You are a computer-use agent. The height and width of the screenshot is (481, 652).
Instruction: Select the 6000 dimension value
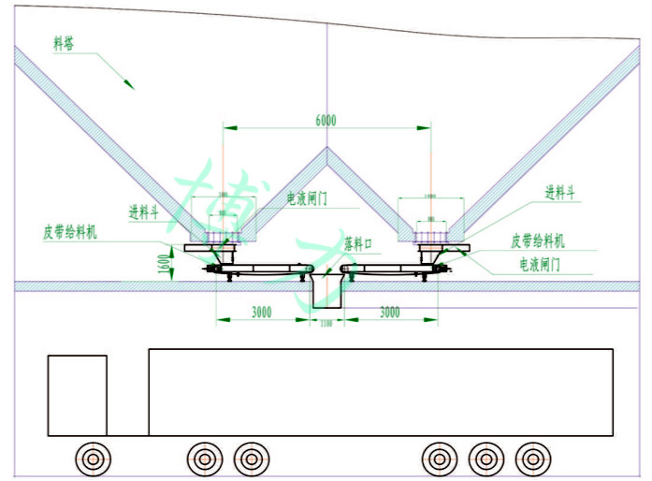[326, 120]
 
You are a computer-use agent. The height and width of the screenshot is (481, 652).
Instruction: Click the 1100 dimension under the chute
[326, 324]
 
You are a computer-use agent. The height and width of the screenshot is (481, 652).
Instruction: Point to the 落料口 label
[358, 242]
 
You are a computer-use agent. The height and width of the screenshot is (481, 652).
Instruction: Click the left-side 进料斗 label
[144, 211]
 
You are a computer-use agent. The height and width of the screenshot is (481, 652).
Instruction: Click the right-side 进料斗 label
[560, 193]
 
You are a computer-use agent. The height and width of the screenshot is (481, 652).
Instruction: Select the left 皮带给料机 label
[69, 232]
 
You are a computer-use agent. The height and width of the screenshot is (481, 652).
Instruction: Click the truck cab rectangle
[77, 395]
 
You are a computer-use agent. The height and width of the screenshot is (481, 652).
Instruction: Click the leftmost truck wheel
[94, 458]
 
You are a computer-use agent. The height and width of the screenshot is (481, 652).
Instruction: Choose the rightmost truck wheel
[533, 458]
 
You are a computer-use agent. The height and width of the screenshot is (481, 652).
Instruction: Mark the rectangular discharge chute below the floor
[327, 294]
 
